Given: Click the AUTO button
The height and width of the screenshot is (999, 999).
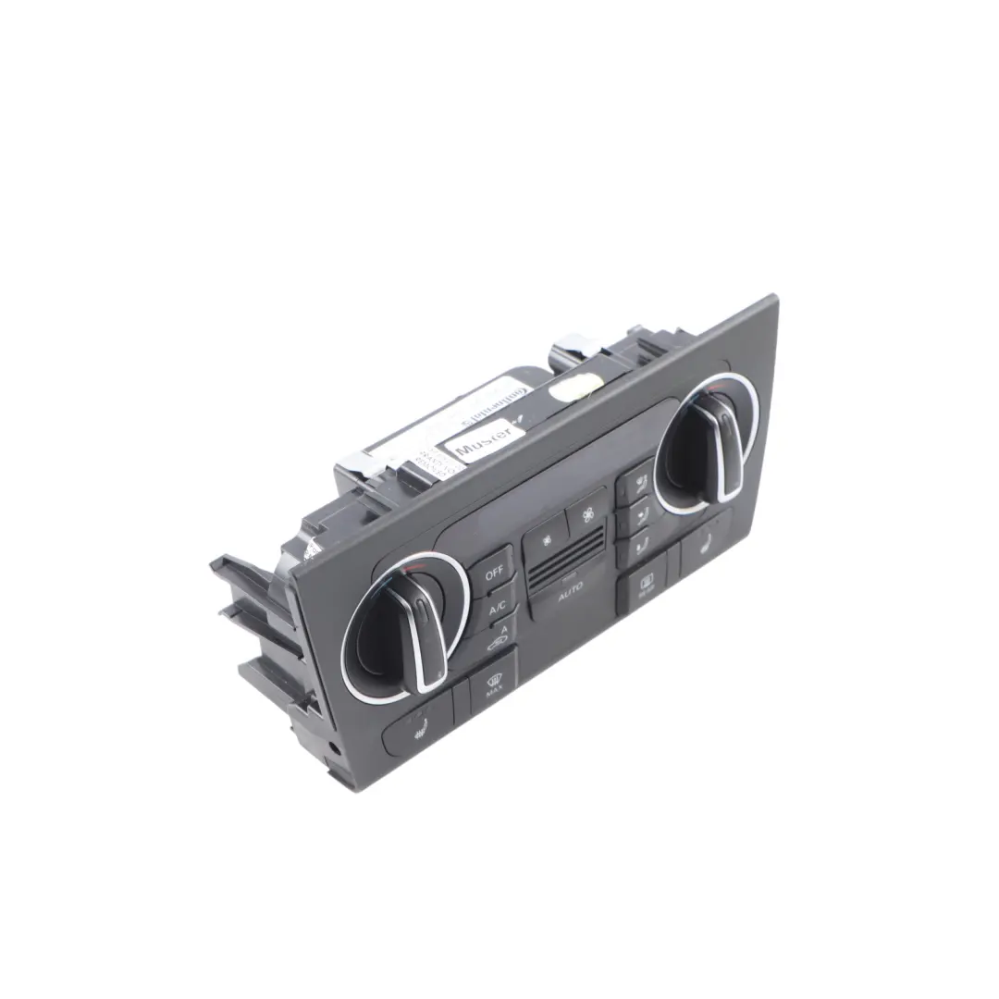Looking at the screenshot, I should coord(571,598).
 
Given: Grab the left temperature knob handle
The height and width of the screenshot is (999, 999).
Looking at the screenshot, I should coord(422,628).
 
